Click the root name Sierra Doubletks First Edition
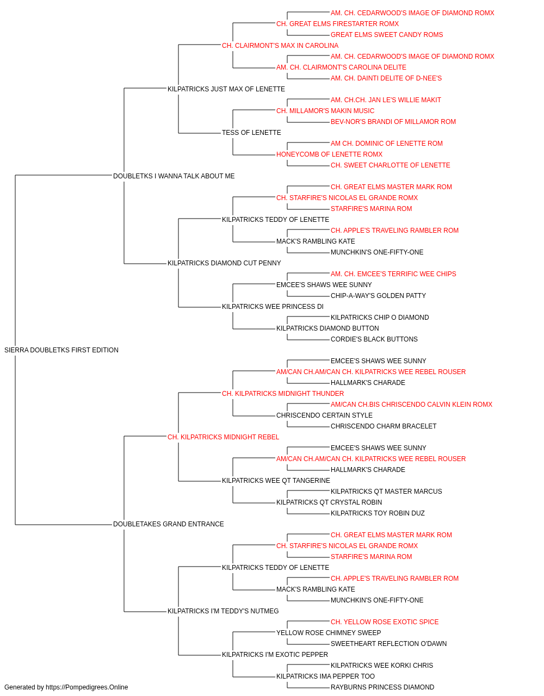pos(61,350)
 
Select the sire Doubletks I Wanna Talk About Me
pos(174,176)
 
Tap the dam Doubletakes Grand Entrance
pos(169,524)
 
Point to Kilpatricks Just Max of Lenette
pos(226,89)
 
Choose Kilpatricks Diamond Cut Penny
pos(224,263)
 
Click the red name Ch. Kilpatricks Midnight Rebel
pos(223,437)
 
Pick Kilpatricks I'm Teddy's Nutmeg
pos(223,611)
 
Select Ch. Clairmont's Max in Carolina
pos(280,46)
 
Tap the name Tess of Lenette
pos(251,133)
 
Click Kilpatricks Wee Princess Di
pos(273,307)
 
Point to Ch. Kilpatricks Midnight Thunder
pos(283,393)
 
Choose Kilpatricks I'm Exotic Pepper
pos(275,654)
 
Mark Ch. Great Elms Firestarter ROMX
pos(338,24)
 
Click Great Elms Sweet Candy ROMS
pos(387,35)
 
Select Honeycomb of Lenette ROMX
pos(329,154)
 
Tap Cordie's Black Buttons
pos(374,339)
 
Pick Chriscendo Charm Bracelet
pos(384,426)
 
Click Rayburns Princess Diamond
pos(382,687)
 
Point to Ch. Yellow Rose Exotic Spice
pos(385,622)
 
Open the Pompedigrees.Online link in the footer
pos(87,687)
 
